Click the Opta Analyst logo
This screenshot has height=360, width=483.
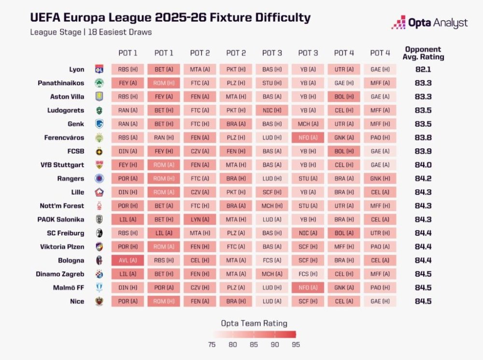(429, 22)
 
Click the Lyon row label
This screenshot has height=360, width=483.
(76, 69)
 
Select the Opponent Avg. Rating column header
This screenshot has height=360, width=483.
(423, 53)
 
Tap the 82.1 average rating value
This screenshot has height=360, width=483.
(423, 69)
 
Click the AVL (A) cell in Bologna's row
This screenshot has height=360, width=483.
(128, 260)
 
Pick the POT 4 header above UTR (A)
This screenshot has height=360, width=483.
(344, 53)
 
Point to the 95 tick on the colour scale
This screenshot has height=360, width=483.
(296, 345)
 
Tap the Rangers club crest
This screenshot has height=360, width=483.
(99, 178)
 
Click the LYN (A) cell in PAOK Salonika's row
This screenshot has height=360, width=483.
(199, 219)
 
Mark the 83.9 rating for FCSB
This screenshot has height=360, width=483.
(423, 151)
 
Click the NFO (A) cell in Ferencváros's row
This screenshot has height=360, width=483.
(308, 138)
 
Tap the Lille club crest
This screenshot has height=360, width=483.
(99, 192)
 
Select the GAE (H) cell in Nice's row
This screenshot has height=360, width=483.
(380, 302)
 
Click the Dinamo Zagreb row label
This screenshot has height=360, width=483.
(60, 274)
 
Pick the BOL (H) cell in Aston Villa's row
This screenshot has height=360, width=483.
(344, 97)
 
